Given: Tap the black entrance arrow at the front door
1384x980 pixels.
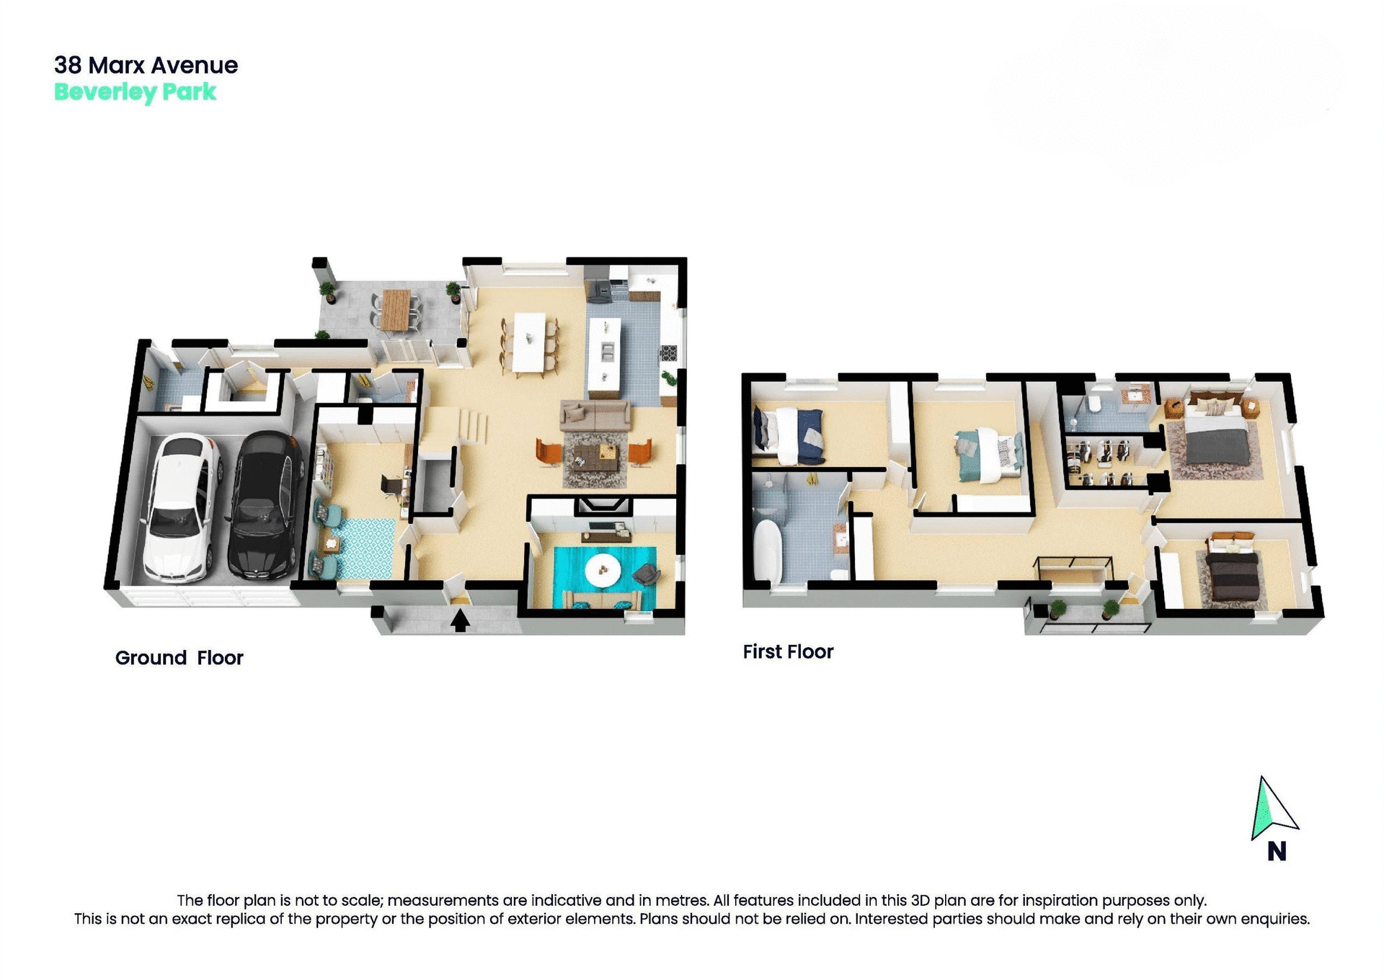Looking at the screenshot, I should click(461, 620).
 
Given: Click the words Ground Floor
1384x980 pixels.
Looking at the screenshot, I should click(179, 658).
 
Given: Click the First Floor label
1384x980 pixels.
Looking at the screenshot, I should click(788, 652).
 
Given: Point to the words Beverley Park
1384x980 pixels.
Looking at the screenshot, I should click(135, 92).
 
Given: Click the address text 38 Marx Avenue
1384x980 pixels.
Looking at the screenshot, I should click(146, 66).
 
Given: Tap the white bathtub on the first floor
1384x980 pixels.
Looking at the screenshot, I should click(767, 551).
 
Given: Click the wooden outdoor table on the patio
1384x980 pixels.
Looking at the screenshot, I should click(395, 310).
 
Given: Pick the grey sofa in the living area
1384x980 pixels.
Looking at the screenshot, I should click(595, 416).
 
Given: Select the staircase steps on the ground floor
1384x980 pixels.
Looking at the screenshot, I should click(472, 426).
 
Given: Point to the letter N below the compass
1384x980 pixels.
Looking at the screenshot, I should click(1277, 852).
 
